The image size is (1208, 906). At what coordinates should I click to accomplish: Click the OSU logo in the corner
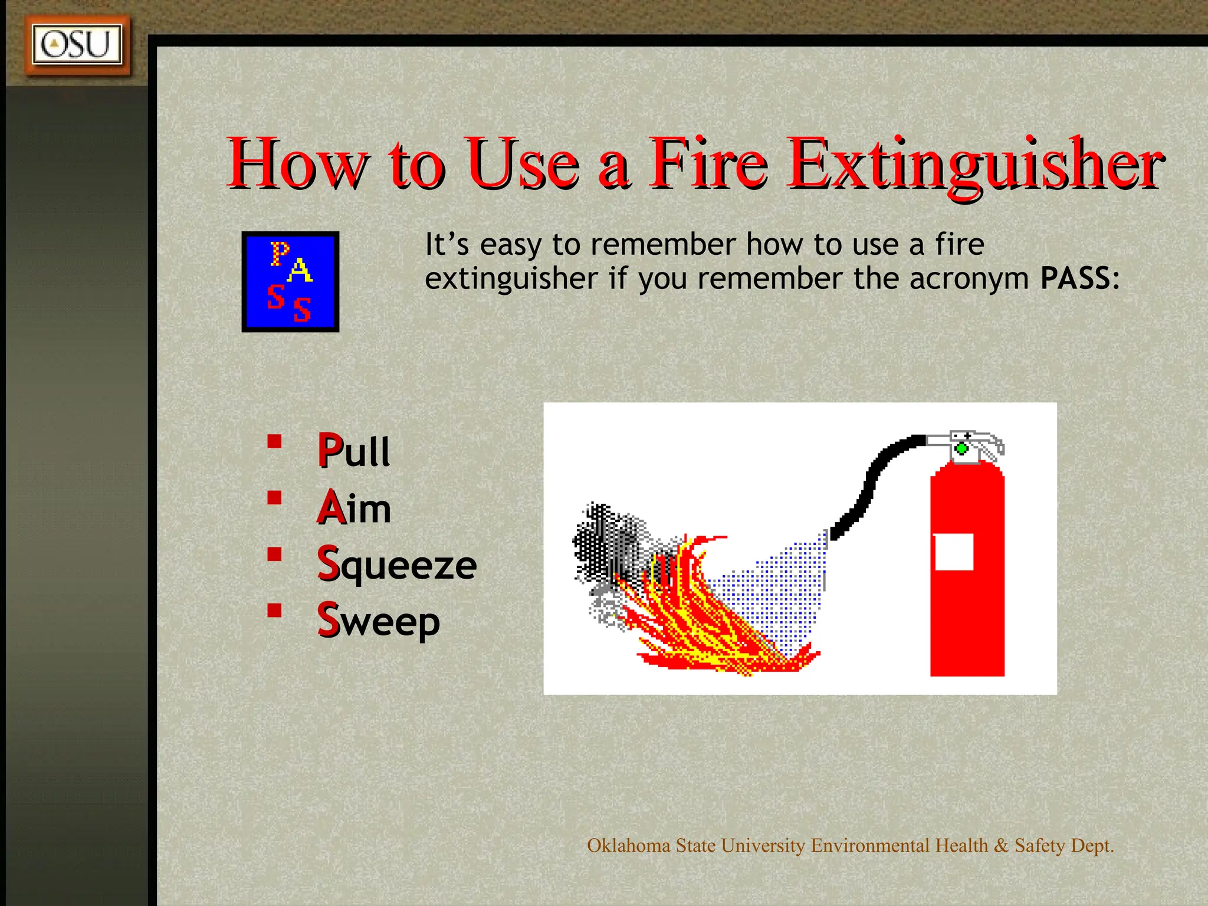(77, 45)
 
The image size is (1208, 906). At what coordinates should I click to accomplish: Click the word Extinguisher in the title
(976, 163)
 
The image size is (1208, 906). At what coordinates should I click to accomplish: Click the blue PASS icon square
(290, 281)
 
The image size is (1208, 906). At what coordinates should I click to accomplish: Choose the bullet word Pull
(354, 451)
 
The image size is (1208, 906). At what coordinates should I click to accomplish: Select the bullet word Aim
(354, 508)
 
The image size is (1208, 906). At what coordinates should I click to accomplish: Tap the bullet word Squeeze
(396, 564)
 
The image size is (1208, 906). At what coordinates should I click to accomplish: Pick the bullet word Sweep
(379, 621)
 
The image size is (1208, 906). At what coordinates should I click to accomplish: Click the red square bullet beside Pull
(274, 442)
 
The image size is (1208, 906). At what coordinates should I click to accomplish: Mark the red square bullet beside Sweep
(274, 610)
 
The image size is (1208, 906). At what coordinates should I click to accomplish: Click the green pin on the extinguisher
(961, 449)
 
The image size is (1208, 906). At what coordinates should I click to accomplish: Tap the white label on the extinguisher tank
(954, 552)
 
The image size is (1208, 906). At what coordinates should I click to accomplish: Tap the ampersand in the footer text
(1001, 846)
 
